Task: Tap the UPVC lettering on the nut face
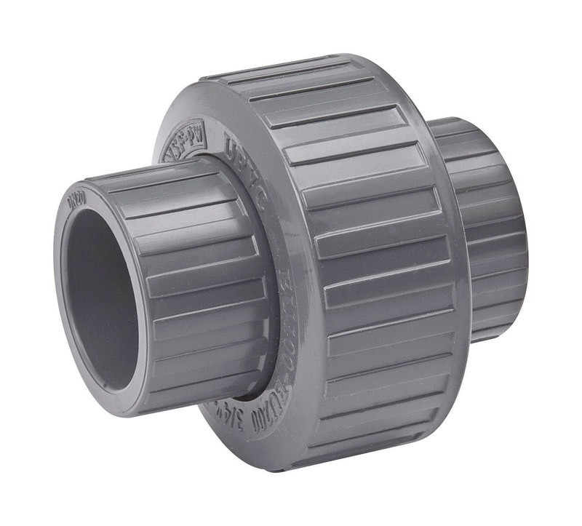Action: pyautogui.click(x=241, y=146)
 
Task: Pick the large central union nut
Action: pyautogui.click(x=342, y=255)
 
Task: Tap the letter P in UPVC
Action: pyautogui.click(x=236, y=143)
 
